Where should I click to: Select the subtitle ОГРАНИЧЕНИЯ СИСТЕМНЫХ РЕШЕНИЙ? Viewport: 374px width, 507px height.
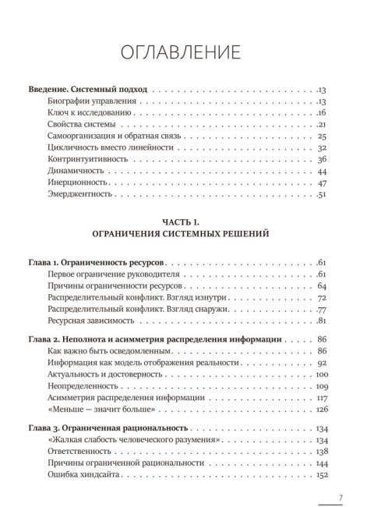187,232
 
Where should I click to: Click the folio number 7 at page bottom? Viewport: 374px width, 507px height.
341,498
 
